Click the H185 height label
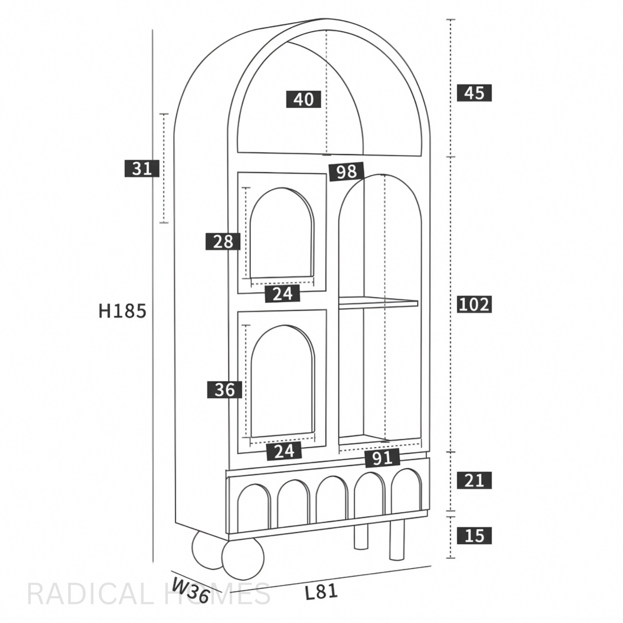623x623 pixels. pyautogui.click(x=122, y=311)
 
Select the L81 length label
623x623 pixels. pyautogui.click(x=321, y=592)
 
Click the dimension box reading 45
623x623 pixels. pyautogui.click(x=474, y=92)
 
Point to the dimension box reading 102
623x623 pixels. pyautogui.click(x=474, y=304)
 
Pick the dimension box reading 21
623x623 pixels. pyautogui.click(x=474, y=480)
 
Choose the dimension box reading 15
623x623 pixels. pyautogui.click(x=474, y=535)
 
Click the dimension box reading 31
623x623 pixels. pyautogui.click(x=142, y=168)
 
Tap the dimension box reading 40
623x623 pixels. pyautogui.click(x=303, y=99)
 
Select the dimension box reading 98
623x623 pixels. pyautogui.click(x=347, y=171)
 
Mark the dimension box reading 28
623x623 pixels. pyautogui.click(x=223, y=241)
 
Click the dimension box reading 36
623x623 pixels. pyautogui.click(x=224, y=390)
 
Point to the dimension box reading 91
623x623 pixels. pyautogui.click(x=382, y=458)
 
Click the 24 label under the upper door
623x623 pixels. pyautogui.click(x=283, y=294)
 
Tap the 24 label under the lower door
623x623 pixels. pyautogui.click(x=284, y=451)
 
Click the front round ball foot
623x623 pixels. pyautogui.click(x=243, y=558)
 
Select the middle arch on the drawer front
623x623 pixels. pyautogui.click(x=332, y=500)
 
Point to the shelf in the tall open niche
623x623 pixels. pyautogui.click(x=378, y=303)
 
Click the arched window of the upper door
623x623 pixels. pyautogui.click(x=282, y=234)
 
